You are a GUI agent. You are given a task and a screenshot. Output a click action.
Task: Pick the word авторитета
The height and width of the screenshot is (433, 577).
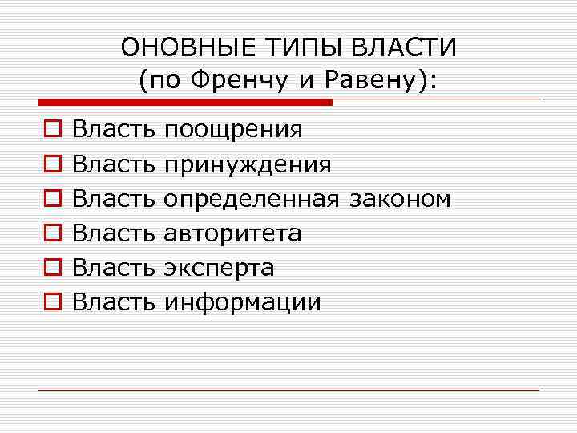[232, 233]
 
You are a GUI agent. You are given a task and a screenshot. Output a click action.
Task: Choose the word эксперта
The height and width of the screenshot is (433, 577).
[218, 267]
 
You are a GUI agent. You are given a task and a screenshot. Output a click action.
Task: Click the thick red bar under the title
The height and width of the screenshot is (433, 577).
[185, 102]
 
